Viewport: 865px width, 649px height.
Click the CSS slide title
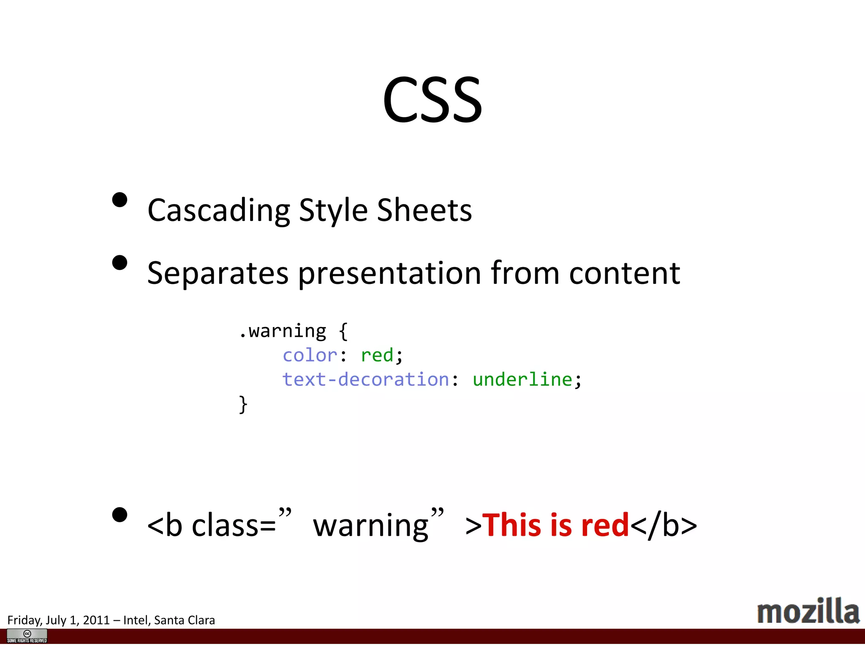point(432,100)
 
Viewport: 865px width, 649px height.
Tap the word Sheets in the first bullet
point(424,210)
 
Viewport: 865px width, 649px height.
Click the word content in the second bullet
point(624,273)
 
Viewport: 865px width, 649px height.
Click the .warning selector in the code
point(282,331)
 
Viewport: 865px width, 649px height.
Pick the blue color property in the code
point(310,355)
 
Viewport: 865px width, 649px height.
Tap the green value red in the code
point(377,355)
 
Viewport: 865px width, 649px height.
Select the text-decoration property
point(365,379)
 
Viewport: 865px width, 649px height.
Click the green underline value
point(522,379)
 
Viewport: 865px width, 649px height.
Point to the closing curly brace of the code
point(243,404)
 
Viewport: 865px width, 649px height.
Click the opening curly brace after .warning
point(343,331)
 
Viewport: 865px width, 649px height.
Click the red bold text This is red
point(555,525)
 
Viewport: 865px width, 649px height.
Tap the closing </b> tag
point(663,525)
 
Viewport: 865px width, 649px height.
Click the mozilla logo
point(808,611)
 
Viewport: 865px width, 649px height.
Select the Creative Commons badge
point(27,636)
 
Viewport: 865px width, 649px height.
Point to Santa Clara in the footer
point(185,620)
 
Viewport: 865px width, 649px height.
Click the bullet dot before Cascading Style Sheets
point(120,200)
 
